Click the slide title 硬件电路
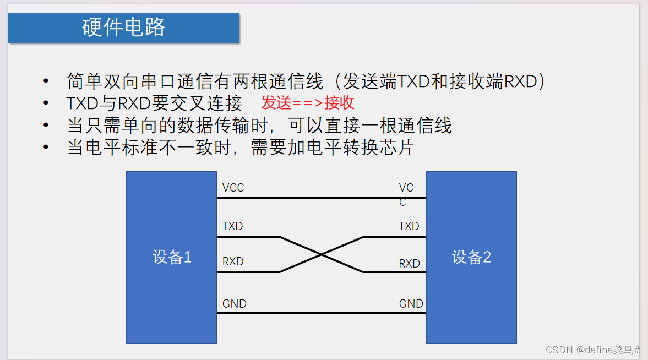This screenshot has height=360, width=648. [124, 28]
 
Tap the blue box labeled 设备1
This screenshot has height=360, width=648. [172, 257]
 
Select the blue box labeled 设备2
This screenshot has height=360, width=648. [471, 257]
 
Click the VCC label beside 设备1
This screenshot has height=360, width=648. [233, 188]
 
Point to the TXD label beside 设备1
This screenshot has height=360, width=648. [232, 226]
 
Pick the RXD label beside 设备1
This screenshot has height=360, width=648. [233, 261]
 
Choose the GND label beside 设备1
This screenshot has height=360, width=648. [234, 304]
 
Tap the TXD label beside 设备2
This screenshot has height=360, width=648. [409, 226]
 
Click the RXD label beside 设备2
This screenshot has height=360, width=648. [409, 264]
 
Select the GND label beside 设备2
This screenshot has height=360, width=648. [411, 304]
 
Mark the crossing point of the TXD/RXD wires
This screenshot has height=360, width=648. [322, 254]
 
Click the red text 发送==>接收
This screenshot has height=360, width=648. [308, 102]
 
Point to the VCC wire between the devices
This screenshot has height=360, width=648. [322, 198]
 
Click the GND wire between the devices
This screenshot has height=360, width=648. [322, 314]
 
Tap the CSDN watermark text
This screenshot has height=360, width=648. [592, 350]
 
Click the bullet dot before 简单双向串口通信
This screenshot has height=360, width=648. [46, 81]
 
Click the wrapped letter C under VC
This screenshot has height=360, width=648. [402, 203]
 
